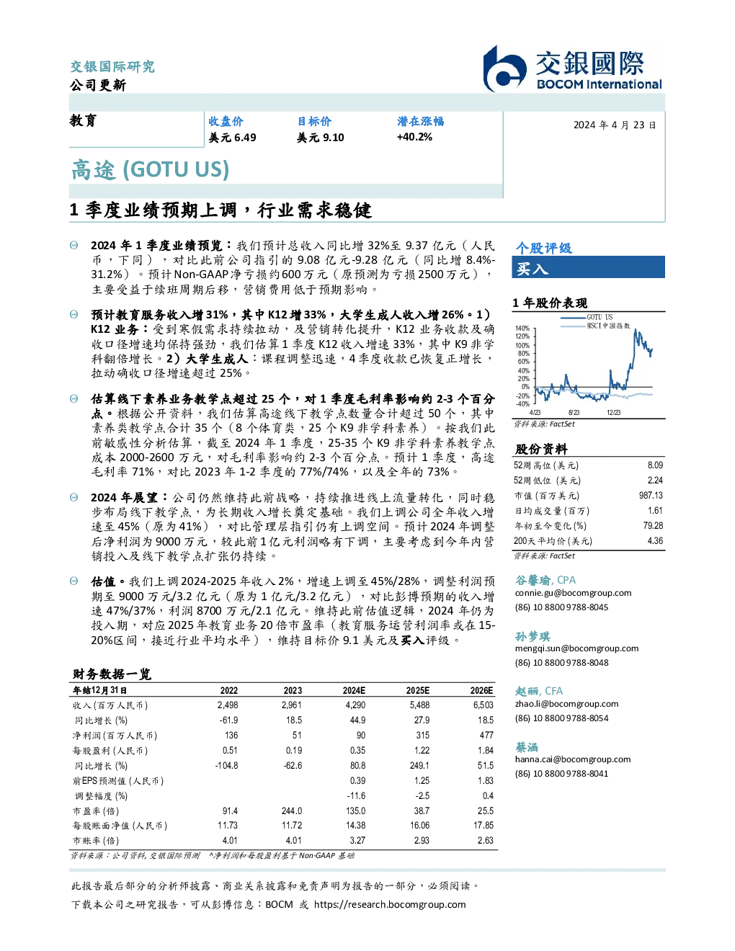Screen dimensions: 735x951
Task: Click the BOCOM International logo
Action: coord(572,68)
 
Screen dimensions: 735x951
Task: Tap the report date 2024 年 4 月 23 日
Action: coord(614,125)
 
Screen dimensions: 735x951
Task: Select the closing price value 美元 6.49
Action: coord(232,138)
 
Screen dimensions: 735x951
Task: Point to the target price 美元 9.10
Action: coord(321,138)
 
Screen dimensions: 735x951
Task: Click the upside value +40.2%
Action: coord(414,137)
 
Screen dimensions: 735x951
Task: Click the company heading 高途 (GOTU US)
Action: coord(150,170)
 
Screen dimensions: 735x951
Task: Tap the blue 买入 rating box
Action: coord(588,267)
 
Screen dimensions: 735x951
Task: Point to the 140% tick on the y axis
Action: coord(522,329)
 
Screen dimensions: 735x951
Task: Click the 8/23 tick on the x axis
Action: coord(574,412)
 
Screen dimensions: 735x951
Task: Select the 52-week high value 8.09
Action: coord(655,465)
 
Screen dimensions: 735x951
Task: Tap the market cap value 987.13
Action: coord(651,495)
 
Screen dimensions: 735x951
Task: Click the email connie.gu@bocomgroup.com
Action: coord(573,593)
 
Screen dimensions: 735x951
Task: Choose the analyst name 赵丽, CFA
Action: coord(539,691)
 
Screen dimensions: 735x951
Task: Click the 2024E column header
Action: coord(354,691)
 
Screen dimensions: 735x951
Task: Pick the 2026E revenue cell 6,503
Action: coord(483,705)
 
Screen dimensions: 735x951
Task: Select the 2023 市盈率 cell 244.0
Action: coord(292,811)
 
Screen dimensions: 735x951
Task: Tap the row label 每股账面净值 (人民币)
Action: coord(120,826)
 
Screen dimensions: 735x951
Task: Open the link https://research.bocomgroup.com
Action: coord(390,904)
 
